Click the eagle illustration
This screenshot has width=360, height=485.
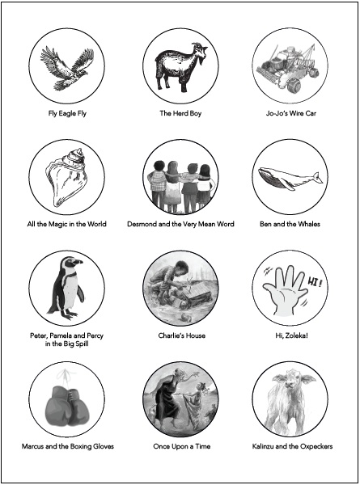(67, 68)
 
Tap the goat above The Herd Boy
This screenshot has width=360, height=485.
(180, 66)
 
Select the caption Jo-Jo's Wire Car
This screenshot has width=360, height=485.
(291, 113)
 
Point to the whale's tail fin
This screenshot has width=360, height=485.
(317, 178)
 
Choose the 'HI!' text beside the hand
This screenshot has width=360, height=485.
(314, 282)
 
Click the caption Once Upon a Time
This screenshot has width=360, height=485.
(182, 446)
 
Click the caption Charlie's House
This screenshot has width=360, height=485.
(182, 335)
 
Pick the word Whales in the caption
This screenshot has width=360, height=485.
(309, 224)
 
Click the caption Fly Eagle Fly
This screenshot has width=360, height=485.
(67, 113)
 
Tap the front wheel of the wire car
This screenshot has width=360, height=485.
(293, 86)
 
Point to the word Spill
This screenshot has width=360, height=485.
(82, 344)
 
